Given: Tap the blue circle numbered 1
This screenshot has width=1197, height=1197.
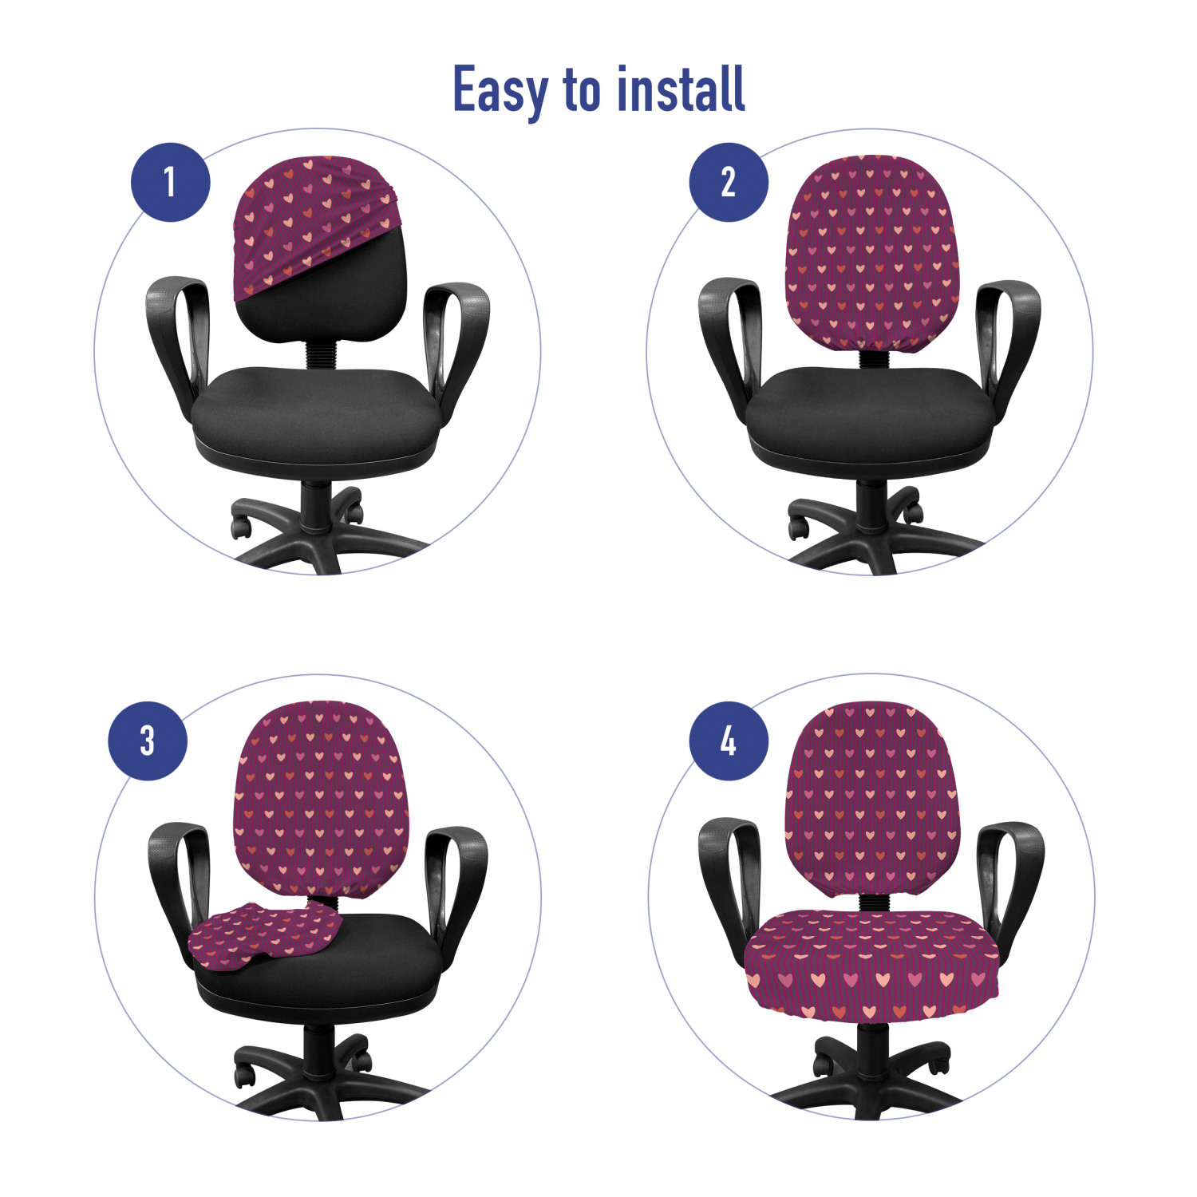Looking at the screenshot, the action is click(x=171, y=182).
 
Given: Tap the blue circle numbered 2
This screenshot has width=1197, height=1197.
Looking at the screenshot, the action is click(x=729, y=182).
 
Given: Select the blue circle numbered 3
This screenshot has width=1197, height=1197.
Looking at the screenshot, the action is click(x=148, y=741).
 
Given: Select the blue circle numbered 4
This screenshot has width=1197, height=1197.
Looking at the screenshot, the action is click(x=729, y=741).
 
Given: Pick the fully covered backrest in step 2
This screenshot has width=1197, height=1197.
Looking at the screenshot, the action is click(x=871, y=251).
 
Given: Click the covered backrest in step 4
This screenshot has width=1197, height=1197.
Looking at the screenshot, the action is click(x=871, y=798).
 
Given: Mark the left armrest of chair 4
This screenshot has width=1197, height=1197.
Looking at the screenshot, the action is click(x=725, y=882).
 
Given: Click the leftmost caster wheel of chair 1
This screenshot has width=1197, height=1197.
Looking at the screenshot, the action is click(x=240, y=527).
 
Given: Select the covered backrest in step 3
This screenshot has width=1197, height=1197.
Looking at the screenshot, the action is click(x=321, y=798).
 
